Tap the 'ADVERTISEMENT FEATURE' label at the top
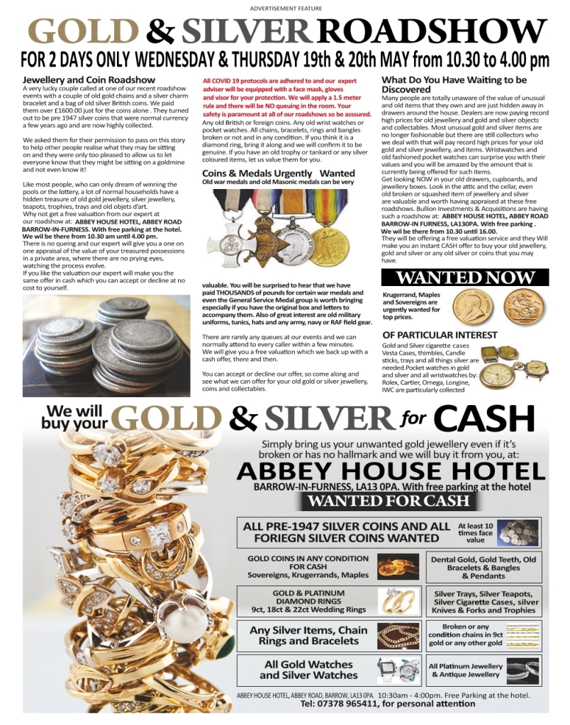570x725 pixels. (x=286, y=8)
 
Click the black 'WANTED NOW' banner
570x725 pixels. (x=466, y=277)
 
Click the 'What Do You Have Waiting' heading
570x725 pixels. (x=454, y=84)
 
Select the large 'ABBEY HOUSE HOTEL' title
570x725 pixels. (x=391, y=472)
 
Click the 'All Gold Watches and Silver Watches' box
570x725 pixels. (x=308, y=670)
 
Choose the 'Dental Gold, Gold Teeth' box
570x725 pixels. (x=484, y=567)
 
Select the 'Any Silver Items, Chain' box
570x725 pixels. (x=308, y=635)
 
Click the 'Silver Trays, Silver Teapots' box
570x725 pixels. (x=484, y=602)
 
